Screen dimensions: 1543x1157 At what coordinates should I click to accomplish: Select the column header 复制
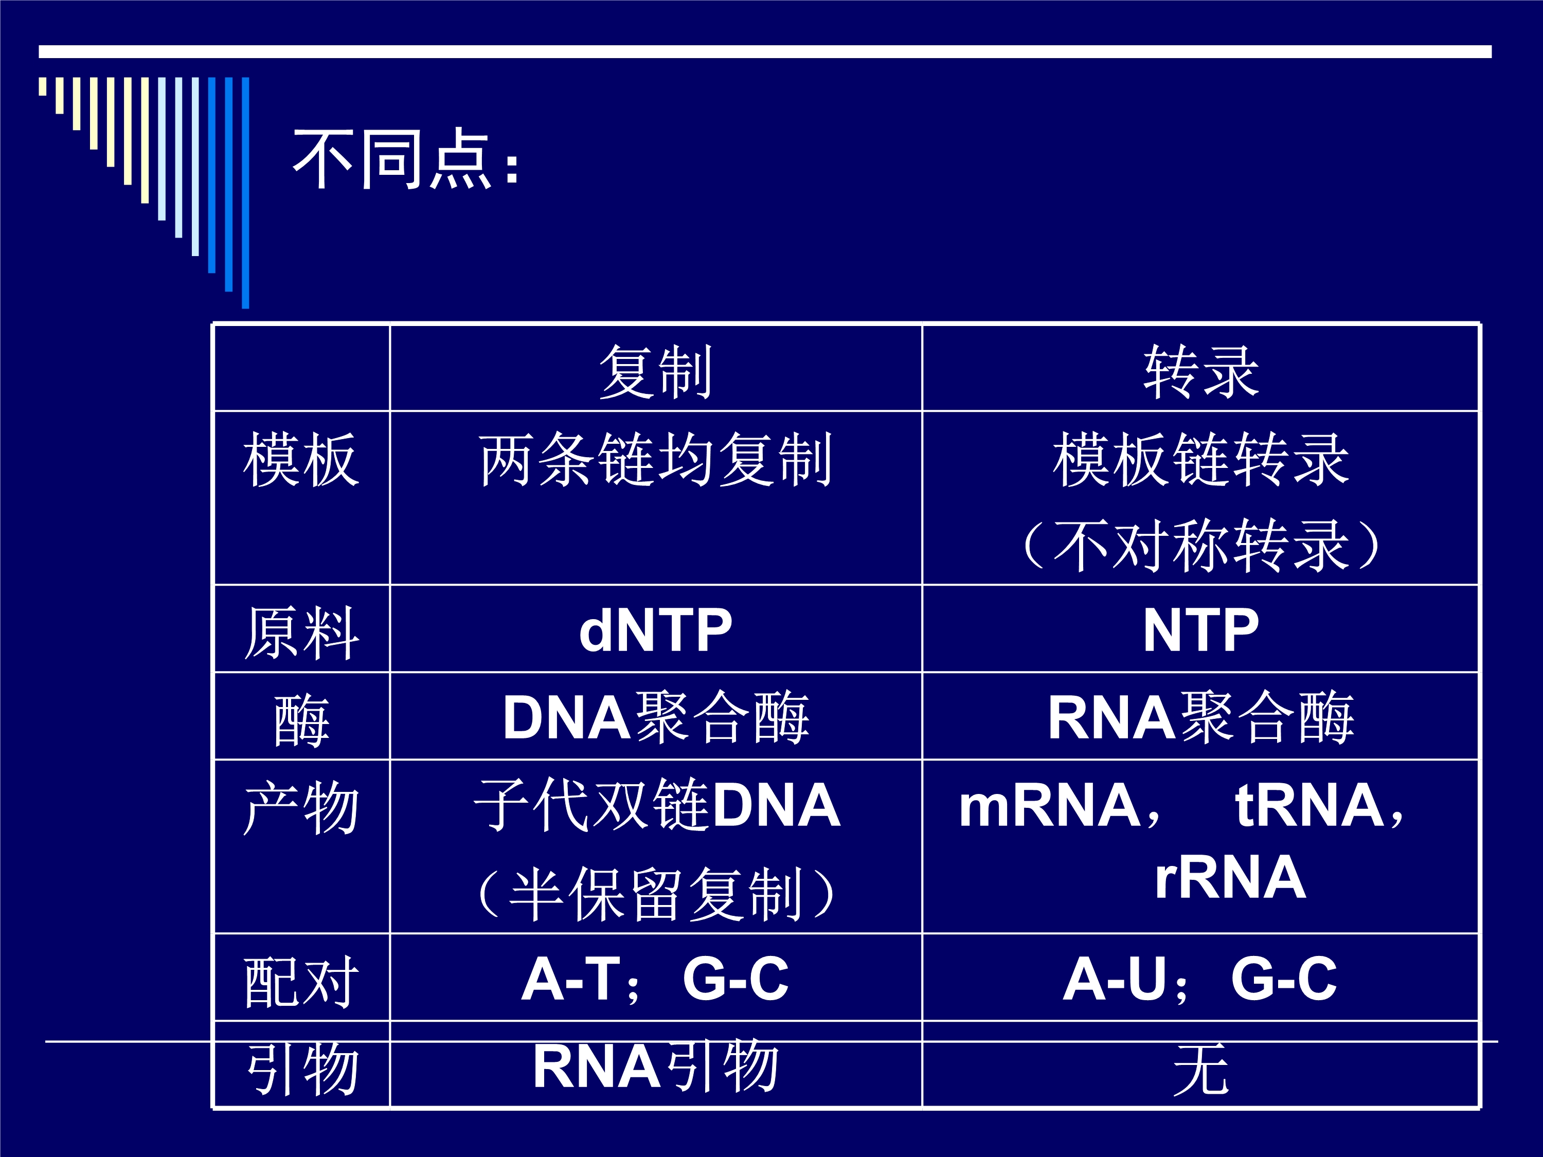pos(656,372)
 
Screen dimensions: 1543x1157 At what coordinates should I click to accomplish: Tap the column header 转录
pos(1200,372)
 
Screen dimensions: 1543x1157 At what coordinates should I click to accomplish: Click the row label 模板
pos(301,459)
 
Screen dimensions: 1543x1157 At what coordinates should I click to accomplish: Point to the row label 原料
pos(301,632)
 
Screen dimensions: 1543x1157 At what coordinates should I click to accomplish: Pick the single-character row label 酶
pos(301,720)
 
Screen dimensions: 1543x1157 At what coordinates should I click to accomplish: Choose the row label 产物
pos(301,807)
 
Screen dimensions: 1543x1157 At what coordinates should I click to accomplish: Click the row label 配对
pos(301,981)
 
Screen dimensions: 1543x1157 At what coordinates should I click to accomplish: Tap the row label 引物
pos(301,1068)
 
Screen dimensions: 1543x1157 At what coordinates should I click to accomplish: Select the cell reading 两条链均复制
pos(656,459)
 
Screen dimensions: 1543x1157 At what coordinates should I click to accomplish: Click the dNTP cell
pos(656,630)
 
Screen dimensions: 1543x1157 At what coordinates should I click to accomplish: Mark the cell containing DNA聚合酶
pos(656,717)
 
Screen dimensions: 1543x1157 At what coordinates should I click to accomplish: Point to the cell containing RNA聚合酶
pos(1200,717)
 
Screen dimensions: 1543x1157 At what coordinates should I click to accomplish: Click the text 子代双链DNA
pos(657,805)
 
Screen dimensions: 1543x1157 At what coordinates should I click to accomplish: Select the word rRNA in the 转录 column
pos(1230,877)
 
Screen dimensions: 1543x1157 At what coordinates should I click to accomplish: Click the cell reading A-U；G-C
pos(1200,979)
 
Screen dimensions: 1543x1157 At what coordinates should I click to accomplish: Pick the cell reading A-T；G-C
pos(655,979)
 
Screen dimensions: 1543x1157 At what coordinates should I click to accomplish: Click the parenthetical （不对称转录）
pos(1200,546)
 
